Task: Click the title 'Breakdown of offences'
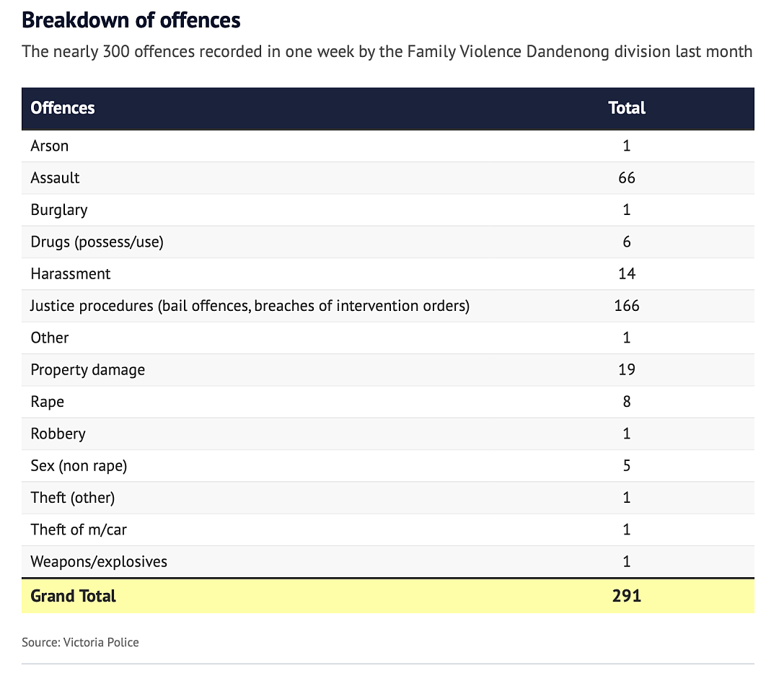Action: pyautogui.click(x=131, y=20)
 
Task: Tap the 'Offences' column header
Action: pyautogui.click(x=63, y=107)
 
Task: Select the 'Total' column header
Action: pyautogui.click(x=627, y=107)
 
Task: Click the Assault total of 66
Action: pyautogui.click(x=627, y=178)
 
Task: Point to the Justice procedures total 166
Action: pyautogui.click(x=627, y=305)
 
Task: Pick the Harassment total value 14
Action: pyautogui.click(x=627, y=273)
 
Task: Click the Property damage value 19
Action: pyautogui.click(x=627, y=369)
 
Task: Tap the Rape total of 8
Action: pyautogui.click(x=627, y=401)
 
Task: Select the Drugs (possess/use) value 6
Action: pyautogui.click(x=627, y=242)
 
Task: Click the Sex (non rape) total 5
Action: pyautogui.click(x=627, y=465)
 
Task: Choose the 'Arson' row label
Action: pyautogui.click(x=49, y=146)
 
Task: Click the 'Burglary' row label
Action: pyautogui.click(x=59, y=210)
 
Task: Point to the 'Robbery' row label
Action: pyautogui.click(x=58, y=434)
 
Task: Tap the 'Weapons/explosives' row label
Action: pyautogui.click(x=99, y=562)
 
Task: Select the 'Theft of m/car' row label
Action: pyautogui.click(x=79, y=530)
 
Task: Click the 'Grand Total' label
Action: pyautogui.click(x=73, y=596)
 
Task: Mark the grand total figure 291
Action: pyautogui.click(x=627, y=596)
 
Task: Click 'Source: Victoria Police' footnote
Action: pyautogui.click(x=81, y=642)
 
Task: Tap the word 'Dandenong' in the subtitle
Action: pyautogui.click(x=568, y=52)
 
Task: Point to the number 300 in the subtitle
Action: pyautogui.click(x=116, y=52)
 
